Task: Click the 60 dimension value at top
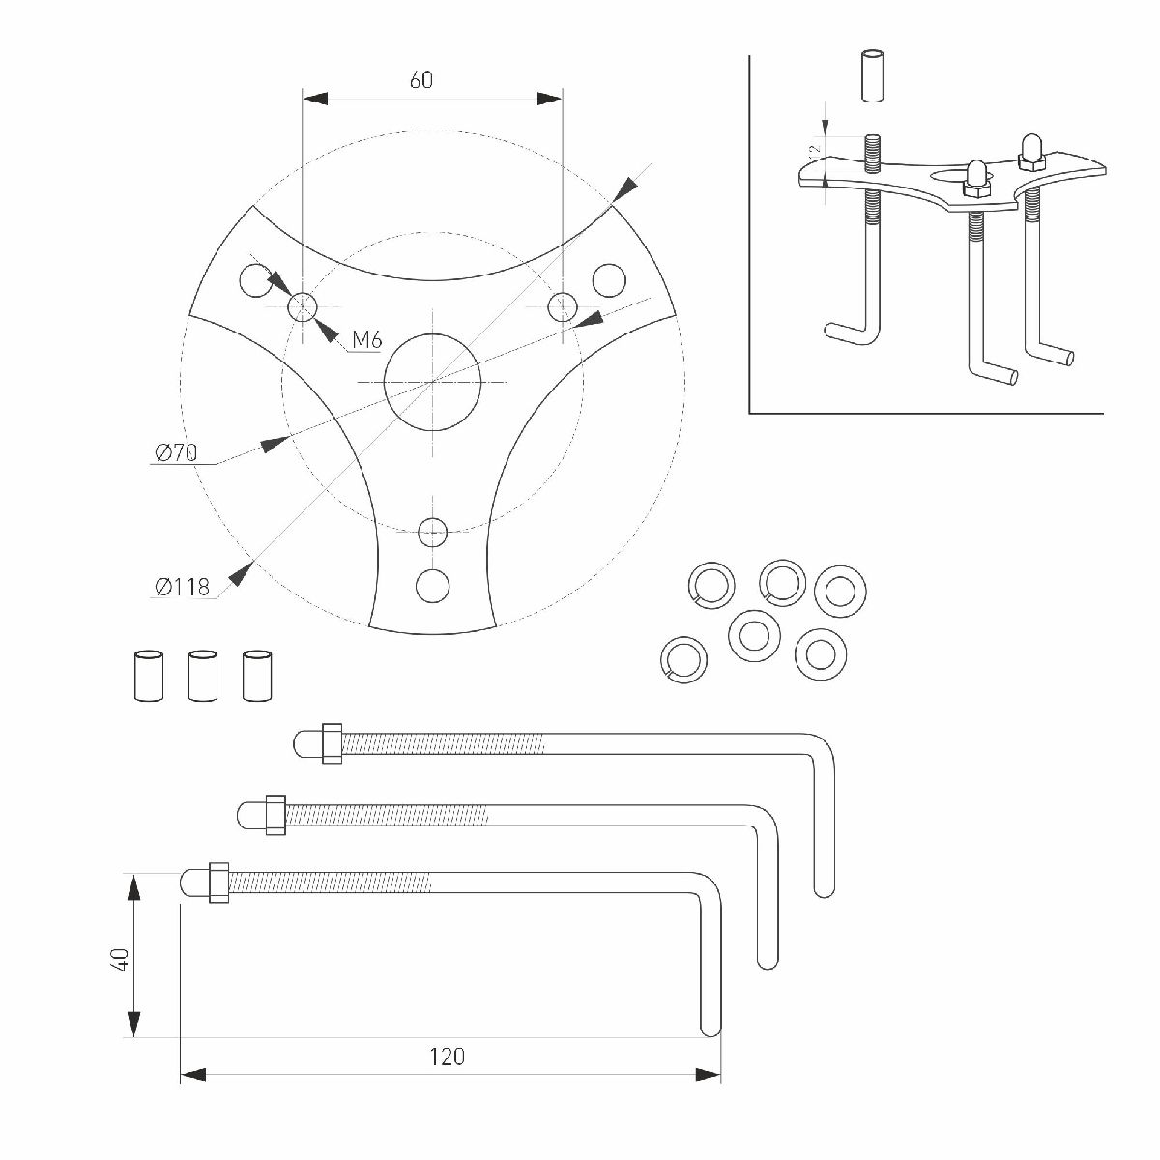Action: click(420, 79)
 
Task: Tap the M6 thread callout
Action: click(367, 339)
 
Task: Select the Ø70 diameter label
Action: click(175, 451)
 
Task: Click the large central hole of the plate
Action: click(432, 383)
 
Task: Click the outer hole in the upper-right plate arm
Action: click(609, 280)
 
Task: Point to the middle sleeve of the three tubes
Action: click(203, 674)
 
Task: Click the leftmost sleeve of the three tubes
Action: click(148, 674)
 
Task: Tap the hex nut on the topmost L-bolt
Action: click(331, 743)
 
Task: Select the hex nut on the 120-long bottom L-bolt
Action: click(217, 882)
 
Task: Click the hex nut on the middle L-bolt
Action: click(275, 814)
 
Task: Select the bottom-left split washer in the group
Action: click(684, 658)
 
